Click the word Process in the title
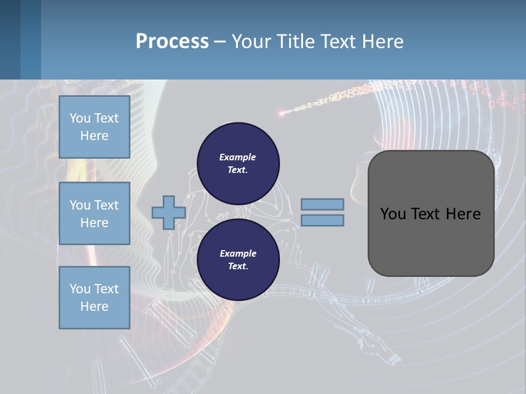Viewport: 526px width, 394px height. tap(172, 42)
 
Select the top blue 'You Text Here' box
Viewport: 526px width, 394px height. tap(94, 127)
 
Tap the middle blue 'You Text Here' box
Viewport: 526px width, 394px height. tap(94, 213)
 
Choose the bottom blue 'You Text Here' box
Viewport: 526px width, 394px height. tap(94, 298)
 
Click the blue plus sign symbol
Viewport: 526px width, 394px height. tap(168, 212)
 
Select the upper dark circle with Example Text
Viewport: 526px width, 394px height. tap(238, 164)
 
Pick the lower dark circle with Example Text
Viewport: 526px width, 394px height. tap(238, 260)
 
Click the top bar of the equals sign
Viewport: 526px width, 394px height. tap(322, 204)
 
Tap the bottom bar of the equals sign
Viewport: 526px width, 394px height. tap(322, 221)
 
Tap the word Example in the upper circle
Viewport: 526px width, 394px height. tap(238, 157)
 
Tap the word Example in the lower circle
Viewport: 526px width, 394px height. tap(238, 253)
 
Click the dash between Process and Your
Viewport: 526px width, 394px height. tap(220, 42)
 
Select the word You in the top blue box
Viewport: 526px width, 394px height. tap(79, 118)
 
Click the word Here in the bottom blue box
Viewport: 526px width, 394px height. tap(94, 306)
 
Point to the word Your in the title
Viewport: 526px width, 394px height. tap(253, 42)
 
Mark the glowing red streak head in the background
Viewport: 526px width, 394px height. tap(282, 114)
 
